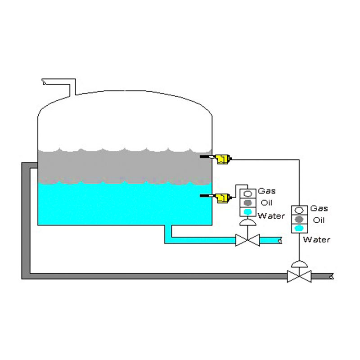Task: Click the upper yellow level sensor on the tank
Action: point(222,159)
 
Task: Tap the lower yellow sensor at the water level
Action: point(222,197)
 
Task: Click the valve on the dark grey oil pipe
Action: point(299,275)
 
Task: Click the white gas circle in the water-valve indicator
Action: point(247,193)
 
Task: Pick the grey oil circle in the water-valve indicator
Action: point(247,202)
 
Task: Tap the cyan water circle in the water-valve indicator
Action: point(247,212)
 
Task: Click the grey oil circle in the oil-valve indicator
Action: point(299,220)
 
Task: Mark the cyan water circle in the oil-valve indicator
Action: point(299,229)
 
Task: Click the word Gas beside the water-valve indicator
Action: point(266,191)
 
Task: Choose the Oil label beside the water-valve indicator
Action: point(267,203)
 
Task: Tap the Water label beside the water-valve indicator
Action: point(271,216)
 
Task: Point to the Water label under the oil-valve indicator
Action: point(316,239)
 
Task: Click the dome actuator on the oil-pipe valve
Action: point(299,263)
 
